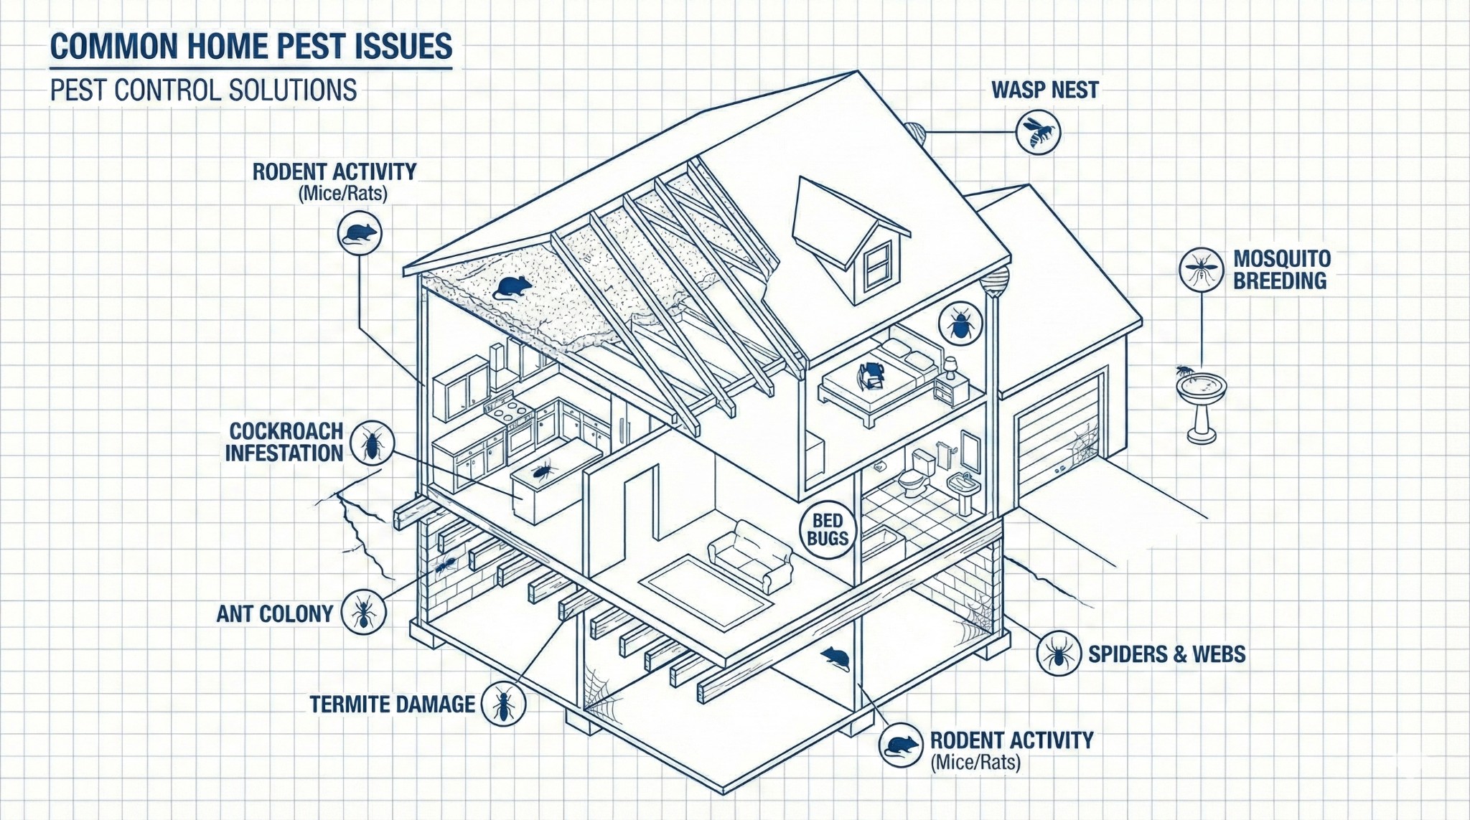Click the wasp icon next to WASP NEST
point(1038,132)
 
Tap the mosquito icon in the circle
point(1201,270)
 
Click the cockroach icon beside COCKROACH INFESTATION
point(373,443)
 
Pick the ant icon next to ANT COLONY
point(363,613)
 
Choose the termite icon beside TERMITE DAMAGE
point(504,704)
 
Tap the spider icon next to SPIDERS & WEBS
point(1059,653)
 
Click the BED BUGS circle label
point(828,529)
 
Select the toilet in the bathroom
point(917,474)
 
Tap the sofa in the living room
point(750,555)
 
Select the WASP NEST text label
point(1044,90)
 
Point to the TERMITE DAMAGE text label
point(392,704)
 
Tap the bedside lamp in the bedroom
point(950,367)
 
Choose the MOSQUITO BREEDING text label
point(1281,270)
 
